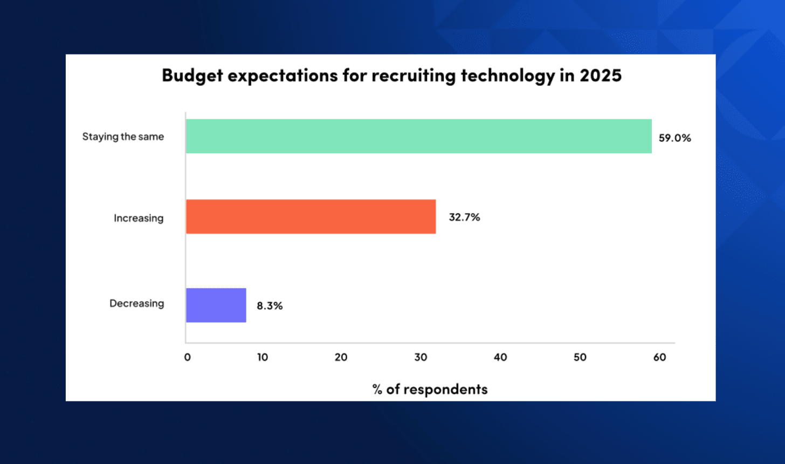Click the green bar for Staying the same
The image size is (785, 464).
418,136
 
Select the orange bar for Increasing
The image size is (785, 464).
311,216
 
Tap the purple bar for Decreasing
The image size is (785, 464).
216,305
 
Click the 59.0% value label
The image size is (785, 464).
674,138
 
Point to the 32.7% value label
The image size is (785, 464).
464,217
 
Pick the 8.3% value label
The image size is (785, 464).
270,306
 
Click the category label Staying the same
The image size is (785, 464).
123,137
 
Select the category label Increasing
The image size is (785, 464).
139,219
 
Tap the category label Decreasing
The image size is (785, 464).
137,304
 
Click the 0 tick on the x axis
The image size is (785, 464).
187,357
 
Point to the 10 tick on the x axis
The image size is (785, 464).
263,357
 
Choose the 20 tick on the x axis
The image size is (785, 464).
341,357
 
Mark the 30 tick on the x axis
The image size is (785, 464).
421,357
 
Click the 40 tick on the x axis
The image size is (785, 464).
500,357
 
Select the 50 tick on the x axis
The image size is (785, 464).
580,357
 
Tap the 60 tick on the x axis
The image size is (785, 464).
659,357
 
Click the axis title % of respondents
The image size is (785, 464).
430,390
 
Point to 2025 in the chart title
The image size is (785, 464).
600,75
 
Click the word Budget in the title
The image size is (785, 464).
192,76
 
